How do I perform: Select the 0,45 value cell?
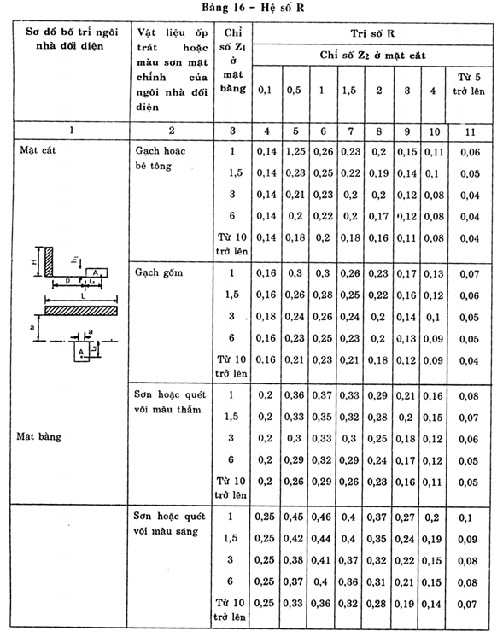pyautogui.click(x=295, y=517)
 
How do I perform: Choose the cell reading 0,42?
pyautogui.click(x=295, y=540)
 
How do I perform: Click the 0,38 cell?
pyautogui.click(x=295, y=561)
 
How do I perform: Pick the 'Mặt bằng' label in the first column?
pyautogui.click(x=38, y=435)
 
